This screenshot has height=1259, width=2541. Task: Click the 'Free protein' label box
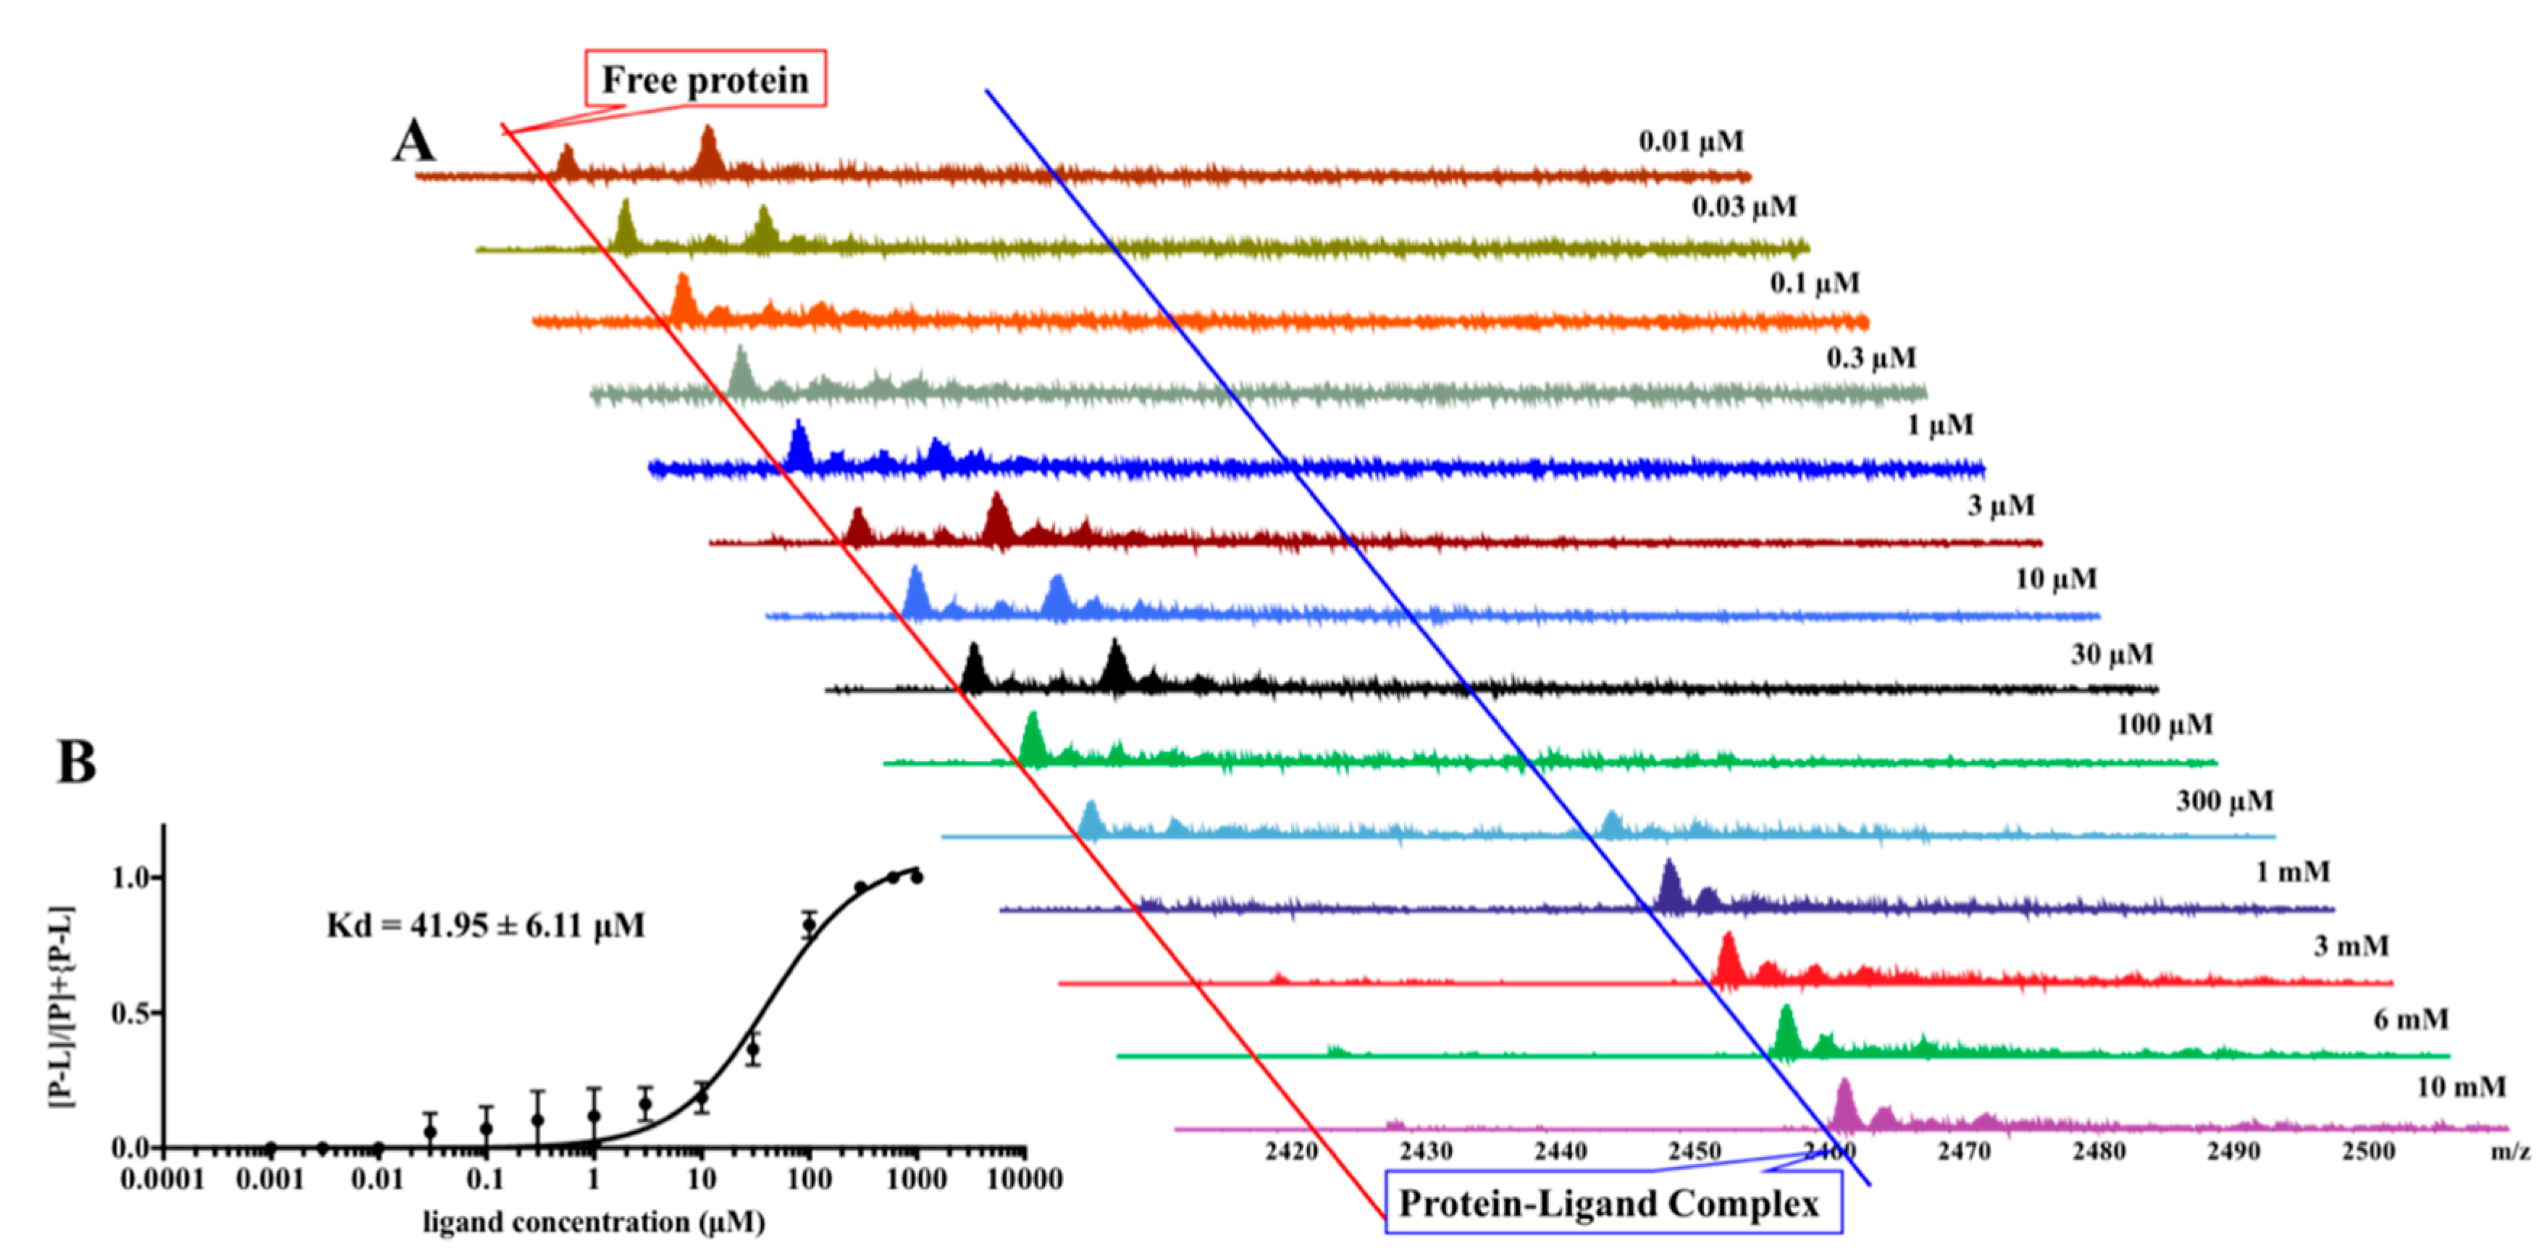pos(705,79)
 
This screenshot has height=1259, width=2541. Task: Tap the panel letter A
pos(413,141)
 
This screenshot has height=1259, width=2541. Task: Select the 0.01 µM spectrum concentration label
pos(1691,142)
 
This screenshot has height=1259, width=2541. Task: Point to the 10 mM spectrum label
pos(2460,1087)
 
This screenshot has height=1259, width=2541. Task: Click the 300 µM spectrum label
pos(2225,801)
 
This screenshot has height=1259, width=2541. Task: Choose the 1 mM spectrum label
pos(2293,872)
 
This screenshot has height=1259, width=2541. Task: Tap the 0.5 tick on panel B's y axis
pos(130,1014)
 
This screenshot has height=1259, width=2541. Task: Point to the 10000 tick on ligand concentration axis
pos(1025,1179)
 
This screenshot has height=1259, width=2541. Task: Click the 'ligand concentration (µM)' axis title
pos(594,1223)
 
